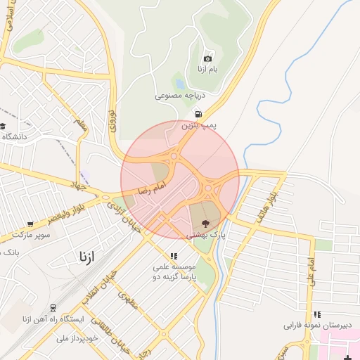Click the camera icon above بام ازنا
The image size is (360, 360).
207,58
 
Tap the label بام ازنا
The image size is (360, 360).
207,70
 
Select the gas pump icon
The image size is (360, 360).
198,114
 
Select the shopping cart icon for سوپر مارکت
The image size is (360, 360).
29,224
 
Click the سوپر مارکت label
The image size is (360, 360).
29,236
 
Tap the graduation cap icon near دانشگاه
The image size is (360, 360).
3,126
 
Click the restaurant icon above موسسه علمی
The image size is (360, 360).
174,256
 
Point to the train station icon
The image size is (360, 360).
52,308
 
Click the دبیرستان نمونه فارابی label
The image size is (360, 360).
316,326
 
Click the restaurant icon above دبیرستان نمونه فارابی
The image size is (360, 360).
317,314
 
